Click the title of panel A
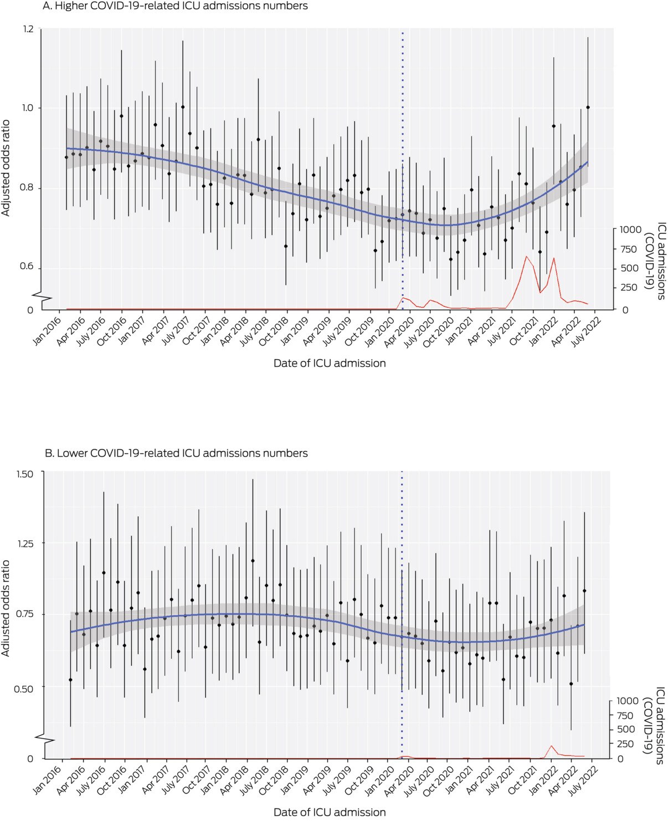(x=175, y=6)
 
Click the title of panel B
(x=176, y=453)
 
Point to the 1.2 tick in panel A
(x=27, y=29)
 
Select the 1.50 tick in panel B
(x=25, y=474)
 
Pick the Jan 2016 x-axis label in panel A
(x=47, y=331)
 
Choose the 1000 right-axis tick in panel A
(x=630, y=230)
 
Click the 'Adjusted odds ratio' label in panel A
(x=6, y=168)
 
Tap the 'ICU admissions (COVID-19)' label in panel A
(x=655, y=260)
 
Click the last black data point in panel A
(x=588, y=107)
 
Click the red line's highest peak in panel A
(x=526, y=256)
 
